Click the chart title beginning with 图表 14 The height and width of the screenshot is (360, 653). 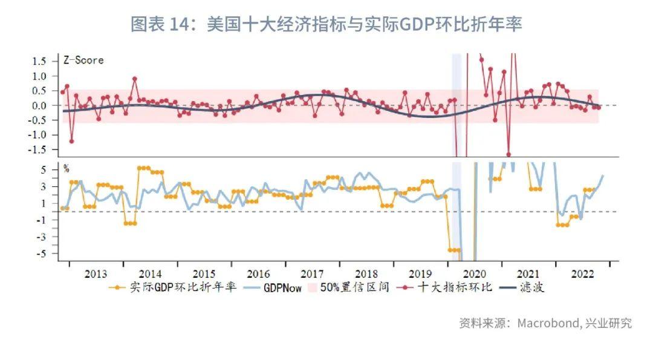[326, 25]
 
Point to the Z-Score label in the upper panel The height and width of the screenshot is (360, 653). [83, 60]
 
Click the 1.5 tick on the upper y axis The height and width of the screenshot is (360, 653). [40, 61]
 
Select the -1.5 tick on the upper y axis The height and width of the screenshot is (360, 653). [37, 149]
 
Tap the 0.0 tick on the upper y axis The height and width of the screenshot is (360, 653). [40, 105]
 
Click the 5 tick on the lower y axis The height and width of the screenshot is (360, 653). [44, 170]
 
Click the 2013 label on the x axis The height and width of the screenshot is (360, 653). [96, 273]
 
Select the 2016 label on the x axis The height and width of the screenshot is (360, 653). [258, 273]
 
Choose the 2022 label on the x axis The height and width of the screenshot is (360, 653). [582, 273]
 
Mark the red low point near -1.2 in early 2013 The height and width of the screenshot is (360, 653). [71, 141]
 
